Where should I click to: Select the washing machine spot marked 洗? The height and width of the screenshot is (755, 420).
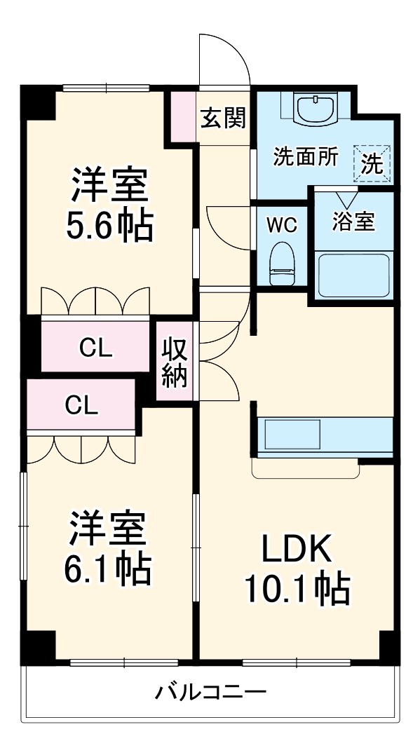click(372, 164)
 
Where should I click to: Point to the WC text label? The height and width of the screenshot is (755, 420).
click(282, 225)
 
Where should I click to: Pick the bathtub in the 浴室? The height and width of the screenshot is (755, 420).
click(353, 276)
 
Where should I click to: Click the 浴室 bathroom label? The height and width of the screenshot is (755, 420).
click(353, 222)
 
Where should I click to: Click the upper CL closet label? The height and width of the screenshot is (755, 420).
click(95, 348)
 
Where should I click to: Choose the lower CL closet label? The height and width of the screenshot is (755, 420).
click(81, 404)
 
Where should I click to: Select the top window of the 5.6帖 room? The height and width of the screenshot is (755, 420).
click(106, 88)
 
